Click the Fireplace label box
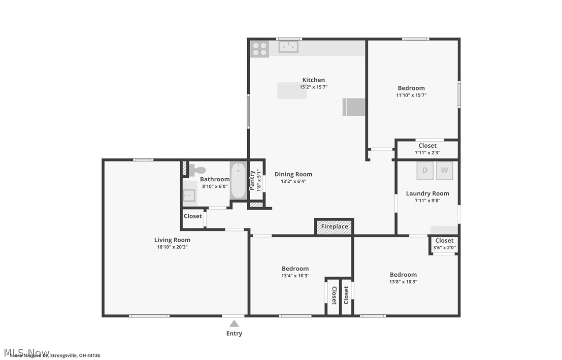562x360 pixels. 335,226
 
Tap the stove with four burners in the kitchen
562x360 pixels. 259,49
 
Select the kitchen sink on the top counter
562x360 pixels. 288,47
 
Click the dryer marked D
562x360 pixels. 425,171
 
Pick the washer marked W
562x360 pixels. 444,171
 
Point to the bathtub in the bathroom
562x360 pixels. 238,181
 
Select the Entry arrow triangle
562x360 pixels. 234,323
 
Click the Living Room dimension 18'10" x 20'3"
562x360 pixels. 173,247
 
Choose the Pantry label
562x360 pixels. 252,180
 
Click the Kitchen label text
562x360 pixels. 313,80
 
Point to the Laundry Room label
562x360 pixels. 427,193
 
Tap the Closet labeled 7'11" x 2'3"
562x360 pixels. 427,149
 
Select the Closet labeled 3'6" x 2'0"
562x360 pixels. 444,244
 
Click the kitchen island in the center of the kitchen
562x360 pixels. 292,91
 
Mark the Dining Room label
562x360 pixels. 293,174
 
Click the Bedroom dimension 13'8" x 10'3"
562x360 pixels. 403,282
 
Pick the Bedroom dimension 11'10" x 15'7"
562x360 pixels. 411,95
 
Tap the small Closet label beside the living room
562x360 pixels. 193,216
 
